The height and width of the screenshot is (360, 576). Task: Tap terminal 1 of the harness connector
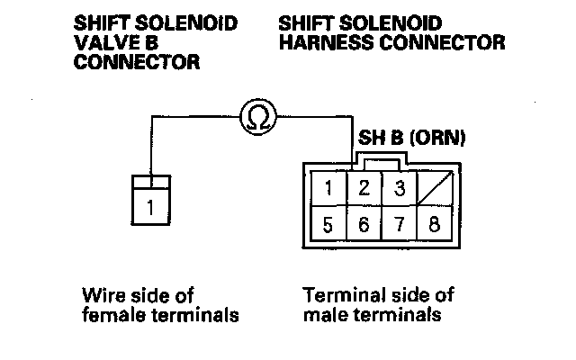331,190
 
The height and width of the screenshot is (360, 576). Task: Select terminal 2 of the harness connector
364,190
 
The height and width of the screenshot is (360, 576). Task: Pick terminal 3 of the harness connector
397,190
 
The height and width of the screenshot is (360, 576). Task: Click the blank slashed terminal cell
433,190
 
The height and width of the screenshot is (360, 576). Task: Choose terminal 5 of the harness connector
331,224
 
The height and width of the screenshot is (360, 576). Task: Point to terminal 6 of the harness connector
364,224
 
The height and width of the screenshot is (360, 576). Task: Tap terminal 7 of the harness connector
397,224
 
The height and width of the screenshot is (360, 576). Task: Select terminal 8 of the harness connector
433,224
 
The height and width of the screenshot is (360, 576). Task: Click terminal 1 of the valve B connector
150,208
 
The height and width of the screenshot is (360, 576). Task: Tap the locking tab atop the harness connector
380,160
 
